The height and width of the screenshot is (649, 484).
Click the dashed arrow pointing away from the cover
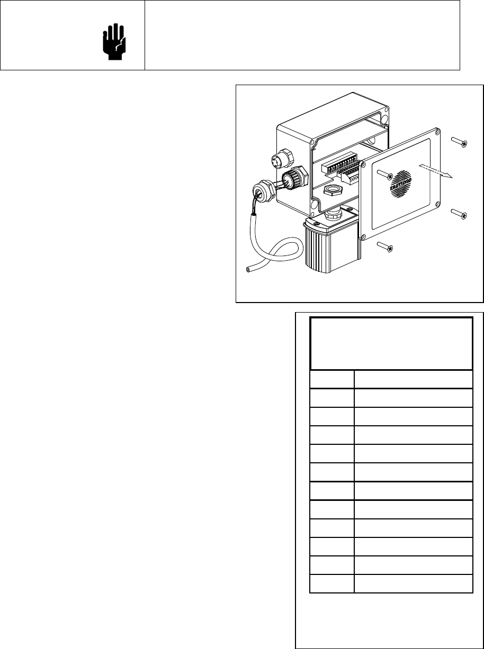click(434, 172)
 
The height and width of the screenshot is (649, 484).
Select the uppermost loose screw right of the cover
click(459, 142)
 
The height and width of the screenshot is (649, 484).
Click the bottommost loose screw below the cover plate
click(386, 246)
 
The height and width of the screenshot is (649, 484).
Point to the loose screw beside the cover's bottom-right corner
click(459, 213)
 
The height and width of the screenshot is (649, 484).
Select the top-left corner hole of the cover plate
click(363, 164)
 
